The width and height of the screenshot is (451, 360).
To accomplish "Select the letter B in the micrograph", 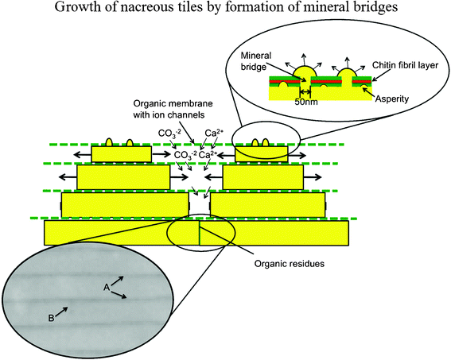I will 51,318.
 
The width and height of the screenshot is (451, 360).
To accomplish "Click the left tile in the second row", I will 122,177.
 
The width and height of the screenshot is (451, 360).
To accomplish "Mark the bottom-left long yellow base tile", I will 121,232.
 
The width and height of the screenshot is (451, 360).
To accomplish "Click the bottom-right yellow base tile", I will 274,232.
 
